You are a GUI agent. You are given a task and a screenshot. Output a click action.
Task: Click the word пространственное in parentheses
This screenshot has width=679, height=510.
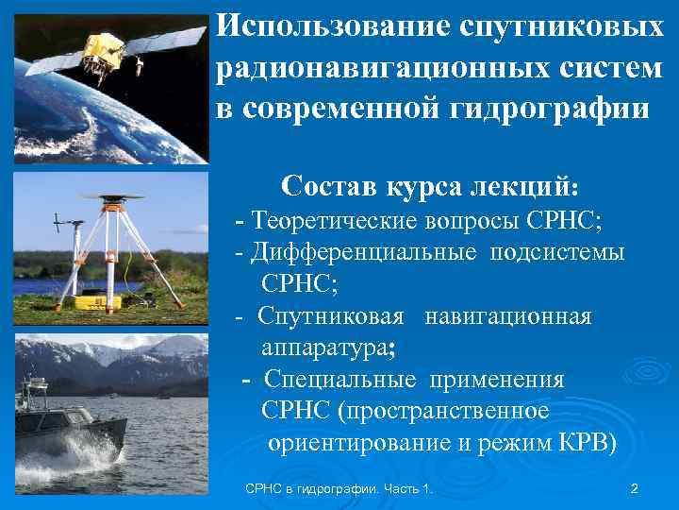pyautogui.click(x=443, y=412)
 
